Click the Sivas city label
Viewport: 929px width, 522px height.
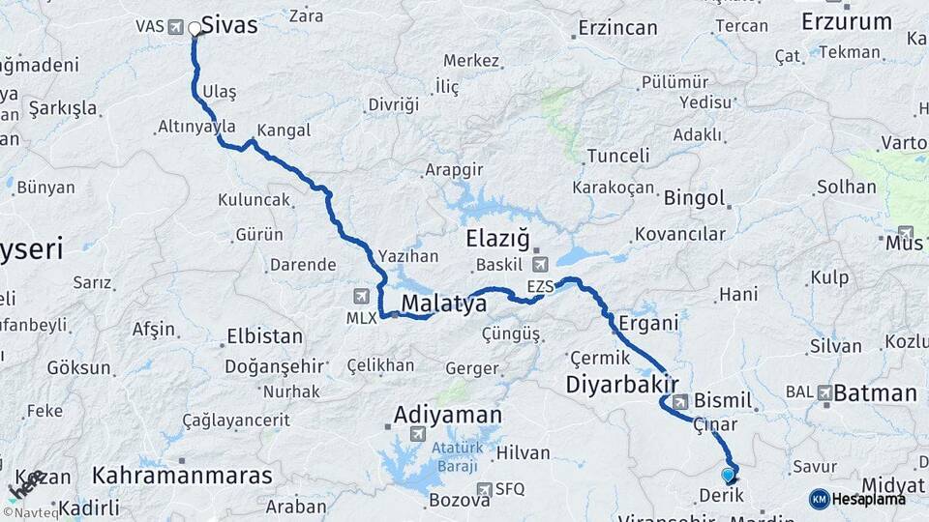(x=229, y=25)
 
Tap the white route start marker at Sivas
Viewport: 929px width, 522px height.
(x=195, y=29)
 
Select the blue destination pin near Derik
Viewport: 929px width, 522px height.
(x=729, y=475)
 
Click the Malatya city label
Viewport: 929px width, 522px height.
(x=443, y=304)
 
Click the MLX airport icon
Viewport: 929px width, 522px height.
(x=362, y=296)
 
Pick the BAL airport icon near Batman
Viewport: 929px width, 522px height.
(x=824, y=393)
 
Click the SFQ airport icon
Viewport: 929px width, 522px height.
(x=484, y=490)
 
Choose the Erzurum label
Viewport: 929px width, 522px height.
(x=847, y=21)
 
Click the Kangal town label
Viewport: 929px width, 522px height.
(x=284, y=130)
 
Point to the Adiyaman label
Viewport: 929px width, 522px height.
(x=447, y=416)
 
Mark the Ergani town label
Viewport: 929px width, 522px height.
(x=648, y=323)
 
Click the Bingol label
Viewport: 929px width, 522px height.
(x=694, y=199)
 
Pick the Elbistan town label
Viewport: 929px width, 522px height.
(x=264, y=337)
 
